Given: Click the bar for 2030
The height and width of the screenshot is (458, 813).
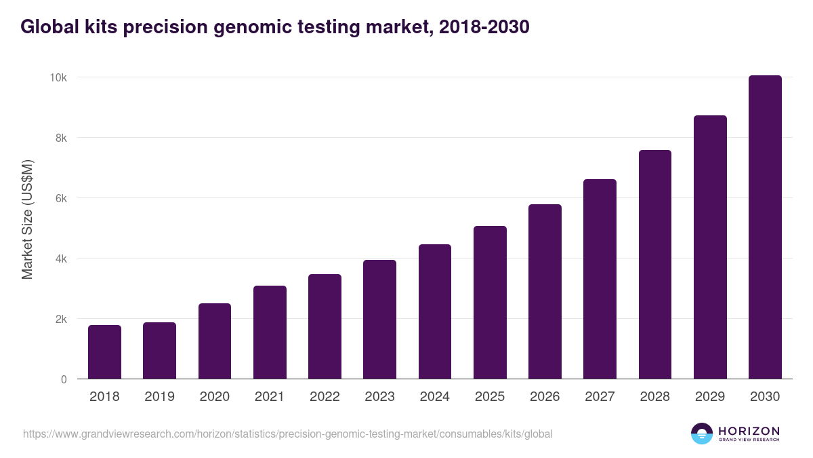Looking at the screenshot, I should tap(765, 227).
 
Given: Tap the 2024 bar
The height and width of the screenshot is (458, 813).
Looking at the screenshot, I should tap(435, 311).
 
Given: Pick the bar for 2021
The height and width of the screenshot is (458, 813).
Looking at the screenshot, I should tap(270, 332).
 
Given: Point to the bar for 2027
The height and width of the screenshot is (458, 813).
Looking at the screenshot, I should tap(600, 279).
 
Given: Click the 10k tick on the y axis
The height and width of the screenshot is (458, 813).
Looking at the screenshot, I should tap(58, 77).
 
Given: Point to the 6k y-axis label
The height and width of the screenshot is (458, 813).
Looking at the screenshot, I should tap(61, 198).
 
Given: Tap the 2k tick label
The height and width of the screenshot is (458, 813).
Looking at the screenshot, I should tap(61, 319).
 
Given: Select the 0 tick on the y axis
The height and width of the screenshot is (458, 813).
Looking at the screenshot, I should tap(64, 379).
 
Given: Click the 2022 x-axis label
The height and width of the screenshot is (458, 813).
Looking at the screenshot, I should tap(325, 397).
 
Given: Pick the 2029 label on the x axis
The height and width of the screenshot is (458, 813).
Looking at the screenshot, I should tap(710, 397).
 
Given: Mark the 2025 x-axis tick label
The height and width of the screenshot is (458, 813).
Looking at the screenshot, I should tap(490, 397).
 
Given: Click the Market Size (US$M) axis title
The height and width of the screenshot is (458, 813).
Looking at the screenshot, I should tap(27, 220).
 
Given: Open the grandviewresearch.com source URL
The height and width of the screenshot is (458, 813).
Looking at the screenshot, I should tap(288, 434).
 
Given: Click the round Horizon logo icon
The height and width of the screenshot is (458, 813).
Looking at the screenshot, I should tap(702, 434).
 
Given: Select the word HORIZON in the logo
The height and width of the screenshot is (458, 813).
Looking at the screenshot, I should tap(749, 430).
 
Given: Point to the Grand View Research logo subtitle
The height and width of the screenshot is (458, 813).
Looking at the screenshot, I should tap(749, 440).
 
